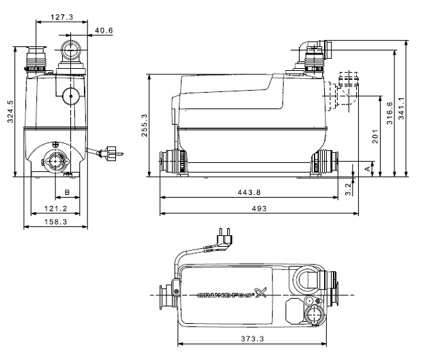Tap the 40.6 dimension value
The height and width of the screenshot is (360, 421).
tap(104, 31)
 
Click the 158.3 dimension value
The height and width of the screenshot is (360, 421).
tap(53, 222)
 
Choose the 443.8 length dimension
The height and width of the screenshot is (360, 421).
tap(248, 193)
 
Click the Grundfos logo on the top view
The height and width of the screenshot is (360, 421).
tap(225, 296)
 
